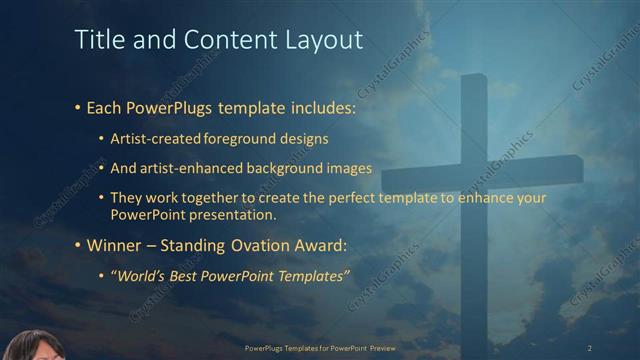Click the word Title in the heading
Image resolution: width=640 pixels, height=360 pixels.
pos(97,40)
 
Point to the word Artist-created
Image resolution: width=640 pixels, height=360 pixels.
pos(162,137)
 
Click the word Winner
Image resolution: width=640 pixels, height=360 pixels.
pos(113,245)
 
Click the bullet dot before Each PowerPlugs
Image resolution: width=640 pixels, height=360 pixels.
pos(78,107)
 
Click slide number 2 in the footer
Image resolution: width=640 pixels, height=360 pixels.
pos(589,347)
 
